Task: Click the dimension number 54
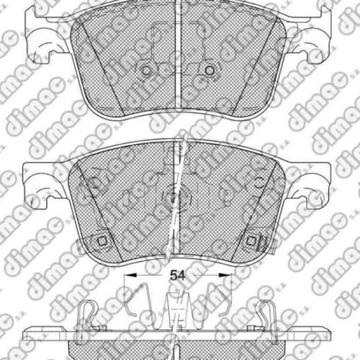tap(178, 276)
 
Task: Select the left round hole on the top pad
tap(146, 70)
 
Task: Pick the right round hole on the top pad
tap(210, 70)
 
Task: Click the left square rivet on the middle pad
tap(102, 240)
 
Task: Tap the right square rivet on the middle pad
tap(251, 240)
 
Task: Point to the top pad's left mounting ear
tap(45, 36)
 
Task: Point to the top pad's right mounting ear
tap(310, 36)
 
